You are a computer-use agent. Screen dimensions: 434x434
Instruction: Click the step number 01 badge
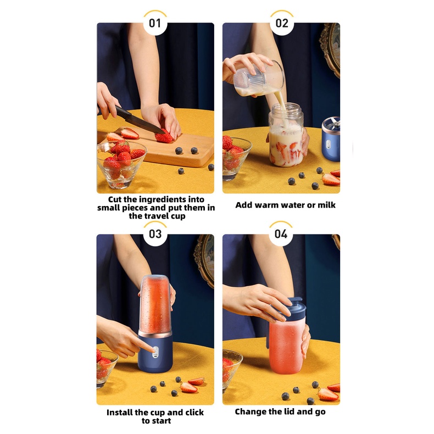click(x=155, y=23)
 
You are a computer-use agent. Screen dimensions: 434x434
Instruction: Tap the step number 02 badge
click(x=282, y=23)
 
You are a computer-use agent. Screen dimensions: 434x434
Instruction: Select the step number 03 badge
click(x=155, y=234)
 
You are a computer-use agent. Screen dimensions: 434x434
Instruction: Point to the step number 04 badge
click(x=281, y=234)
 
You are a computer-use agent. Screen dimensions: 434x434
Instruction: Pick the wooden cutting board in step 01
click(x=166, y=148)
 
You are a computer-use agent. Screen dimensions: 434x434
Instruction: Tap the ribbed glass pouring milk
click(x=259, y=79)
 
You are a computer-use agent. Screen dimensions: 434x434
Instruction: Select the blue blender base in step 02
click(x=331, y=139)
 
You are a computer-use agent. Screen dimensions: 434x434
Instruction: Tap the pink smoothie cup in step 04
click(x=286, y=347)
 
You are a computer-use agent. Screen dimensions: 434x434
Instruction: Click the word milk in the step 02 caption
click(x=326, y=205)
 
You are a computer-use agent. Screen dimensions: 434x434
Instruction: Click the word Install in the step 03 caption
click(x=120, y=413)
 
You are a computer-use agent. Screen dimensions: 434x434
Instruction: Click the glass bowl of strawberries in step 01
click(x=121, y=164)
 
